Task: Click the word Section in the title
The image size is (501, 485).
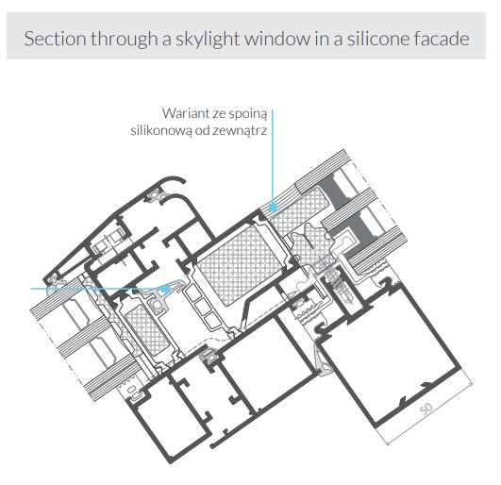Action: [55, 39]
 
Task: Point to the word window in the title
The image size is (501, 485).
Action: [277, 39]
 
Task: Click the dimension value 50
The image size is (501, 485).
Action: [426, 409]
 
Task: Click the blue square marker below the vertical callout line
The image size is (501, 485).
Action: [273, 208]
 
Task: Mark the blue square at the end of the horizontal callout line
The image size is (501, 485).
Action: [165, 289]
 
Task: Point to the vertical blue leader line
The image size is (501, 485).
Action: [273, 157]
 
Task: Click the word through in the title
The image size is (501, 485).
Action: [124, 39]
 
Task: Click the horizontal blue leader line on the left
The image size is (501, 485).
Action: [96, 289]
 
